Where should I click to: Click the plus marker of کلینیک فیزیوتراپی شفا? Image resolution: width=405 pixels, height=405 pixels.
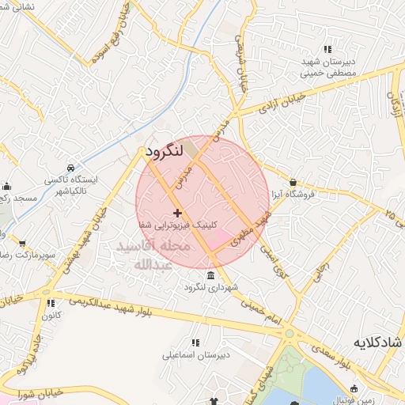click(177, 213)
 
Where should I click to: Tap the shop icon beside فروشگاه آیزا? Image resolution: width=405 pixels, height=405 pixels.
click(293, 182)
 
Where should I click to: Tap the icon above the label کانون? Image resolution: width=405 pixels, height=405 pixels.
click(50, 303)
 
